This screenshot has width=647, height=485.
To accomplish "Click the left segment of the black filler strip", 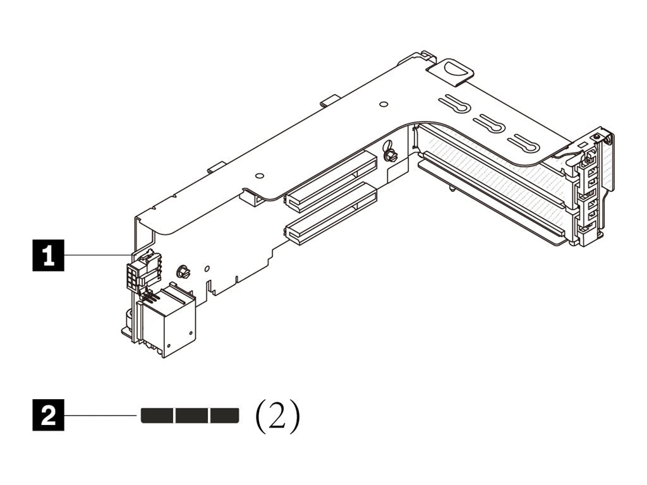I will (157, 416).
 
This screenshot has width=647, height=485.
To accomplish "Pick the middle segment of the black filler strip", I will (191, 416).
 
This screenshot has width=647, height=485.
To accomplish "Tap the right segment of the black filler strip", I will (225, 416).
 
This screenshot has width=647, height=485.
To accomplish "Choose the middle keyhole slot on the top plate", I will (493, 123).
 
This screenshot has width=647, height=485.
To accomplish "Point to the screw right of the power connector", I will (182, 272).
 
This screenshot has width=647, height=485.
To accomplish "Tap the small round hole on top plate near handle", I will (383, 103).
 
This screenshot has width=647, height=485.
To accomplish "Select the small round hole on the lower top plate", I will (258, 175).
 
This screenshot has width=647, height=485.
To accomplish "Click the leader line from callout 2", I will (101, 416).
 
